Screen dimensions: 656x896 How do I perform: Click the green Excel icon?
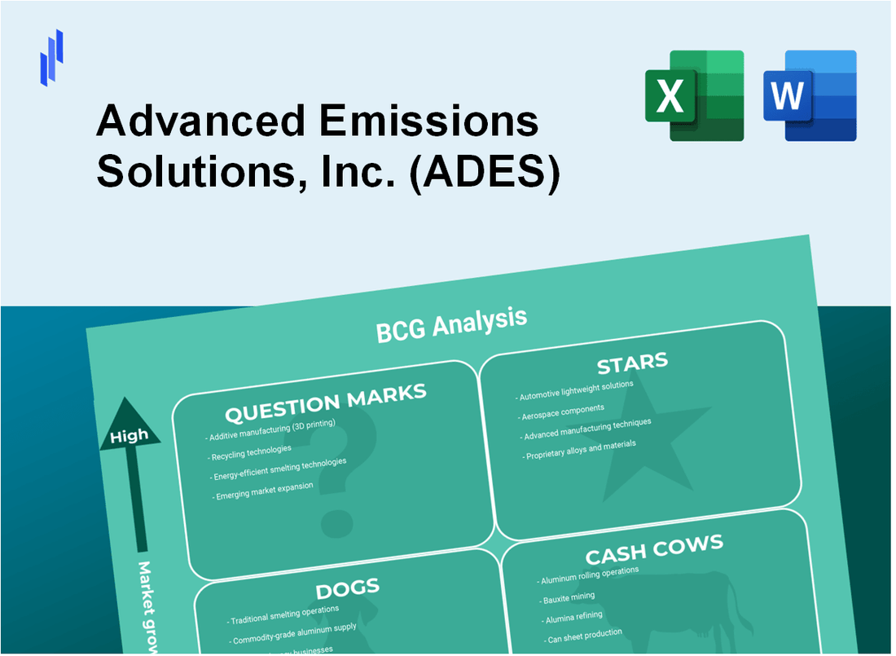[694, 95]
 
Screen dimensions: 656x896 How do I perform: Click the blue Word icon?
[810, 95]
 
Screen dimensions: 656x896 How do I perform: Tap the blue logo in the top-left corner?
[51, 58]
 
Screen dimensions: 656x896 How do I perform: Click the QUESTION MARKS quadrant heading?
[325, 403]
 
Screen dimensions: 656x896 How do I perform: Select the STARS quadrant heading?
[631, 362]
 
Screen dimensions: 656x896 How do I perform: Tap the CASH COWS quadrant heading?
[653, 550]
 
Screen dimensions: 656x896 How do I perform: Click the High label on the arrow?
[130, 435]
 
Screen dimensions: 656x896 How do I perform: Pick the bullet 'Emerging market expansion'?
[263, 491]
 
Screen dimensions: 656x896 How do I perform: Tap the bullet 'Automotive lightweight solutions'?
[574, 391]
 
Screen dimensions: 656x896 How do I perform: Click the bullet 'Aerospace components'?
[563, 411]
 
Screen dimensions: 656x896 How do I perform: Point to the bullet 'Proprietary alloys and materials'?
[579, 450]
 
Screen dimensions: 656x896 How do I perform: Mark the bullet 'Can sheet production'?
[583, 636]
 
